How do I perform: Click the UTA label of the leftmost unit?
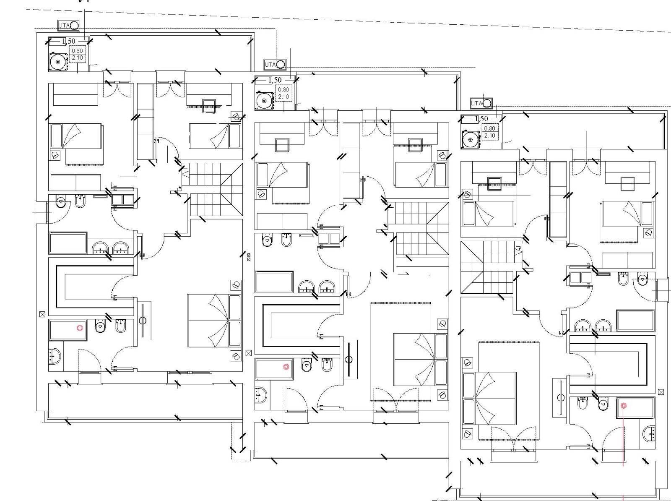point(64,26)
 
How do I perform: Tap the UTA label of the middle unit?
point(270,65)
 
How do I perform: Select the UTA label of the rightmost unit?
point(476,103)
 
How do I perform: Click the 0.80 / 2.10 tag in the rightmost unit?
point(489,132)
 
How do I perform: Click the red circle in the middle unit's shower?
point(286,367)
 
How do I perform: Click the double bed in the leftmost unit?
point(214,321)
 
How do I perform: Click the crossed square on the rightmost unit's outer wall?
point(661,392)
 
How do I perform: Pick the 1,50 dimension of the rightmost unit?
point(481,119)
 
